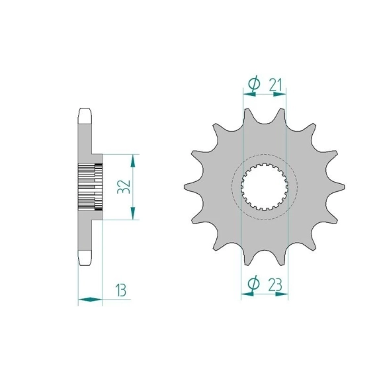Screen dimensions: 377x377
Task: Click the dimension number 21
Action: pos(275,85)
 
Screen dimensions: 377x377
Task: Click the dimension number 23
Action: pos(275,285)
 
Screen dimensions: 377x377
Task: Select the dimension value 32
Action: pos(124,187)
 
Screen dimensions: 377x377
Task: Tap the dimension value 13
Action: pos(120,290)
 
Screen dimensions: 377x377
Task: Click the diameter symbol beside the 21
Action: pos(254,84)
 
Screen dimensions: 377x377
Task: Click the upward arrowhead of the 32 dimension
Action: pos(133,161)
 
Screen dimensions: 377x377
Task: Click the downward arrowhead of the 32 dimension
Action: pos(133,213)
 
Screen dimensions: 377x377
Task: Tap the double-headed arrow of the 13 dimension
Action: pos(91,300)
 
